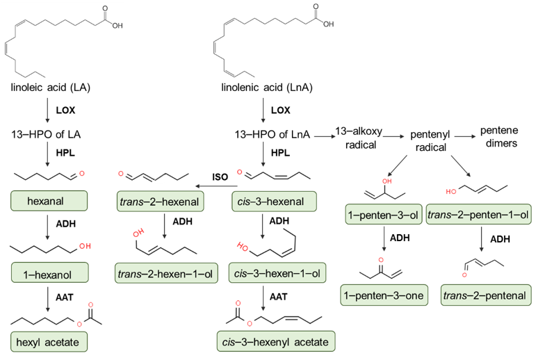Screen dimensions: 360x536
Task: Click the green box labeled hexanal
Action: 47,202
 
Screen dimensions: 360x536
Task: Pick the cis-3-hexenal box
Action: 274,203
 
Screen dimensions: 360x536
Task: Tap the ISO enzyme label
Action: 220,177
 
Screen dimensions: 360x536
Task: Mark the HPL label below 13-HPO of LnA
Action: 280,152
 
